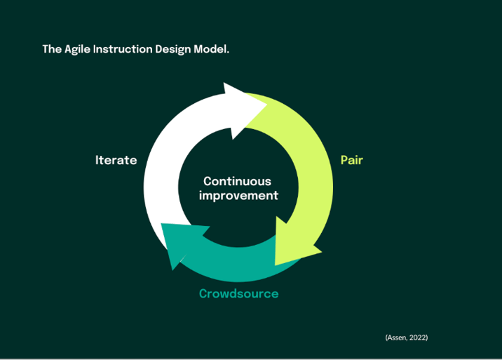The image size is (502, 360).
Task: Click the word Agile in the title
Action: (78, 50)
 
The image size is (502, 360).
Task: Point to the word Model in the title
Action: (212, 50)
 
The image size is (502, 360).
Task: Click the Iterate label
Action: (116, 160)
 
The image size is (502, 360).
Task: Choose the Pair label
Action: (351, 160)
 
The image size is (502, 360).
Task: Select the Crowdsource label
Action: (238, 293)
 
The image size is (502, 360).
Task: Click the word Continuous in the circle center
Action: (237, 181)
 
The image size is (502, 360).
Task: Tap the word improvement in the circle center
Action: (238, 195)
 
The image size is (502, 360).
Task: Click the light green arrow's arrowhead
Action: (294, 246)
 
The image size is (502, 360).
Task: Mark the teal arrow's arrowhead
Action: (179, 243)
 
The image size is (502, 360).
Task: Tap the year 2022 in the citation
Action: (418, 338)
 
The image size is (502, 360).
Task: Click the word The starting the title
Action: (51, 50)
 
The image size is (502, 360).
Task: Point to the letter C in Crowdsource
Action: (203, 293)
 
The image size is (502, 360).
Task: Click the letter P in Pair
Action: (344, 160)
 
